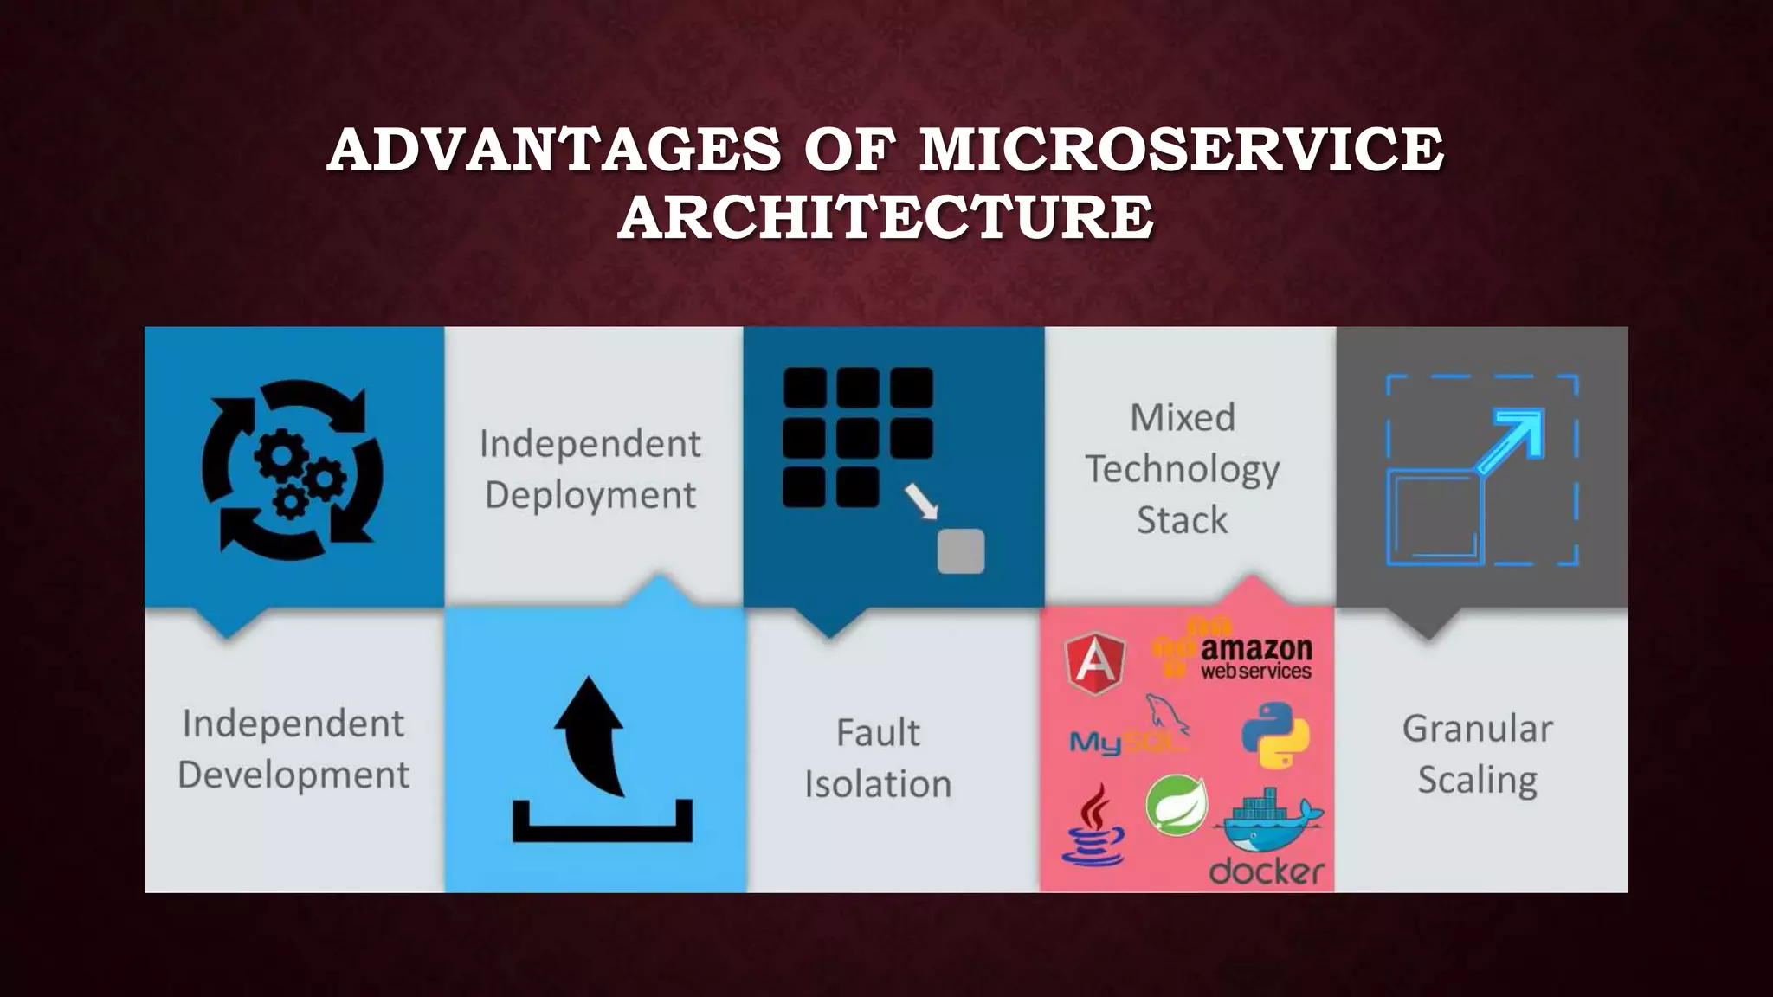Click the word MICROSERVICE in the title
pyautogui.click(x=1181, y=149)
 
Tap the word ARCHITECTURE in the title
pyautogui.click(x=885, y=216)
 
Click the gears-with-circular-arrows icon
pyautogui.click(x=292, y=469)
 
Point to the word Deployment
pyautogui.click(x=590, y=495)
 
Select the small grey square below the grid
pyautogui.click(x=960, y=551)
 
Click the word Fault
pyautogui.click(x=877, y=732)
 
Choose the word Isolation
pyautogui.click(x=877, y=784)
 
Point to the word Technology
pyautogui.click(x=1182, y=469)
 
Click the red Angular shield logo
pyautogui.click(x=1095, y=663)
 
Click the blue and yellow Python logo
pyautogui.click(x=1274, y=735)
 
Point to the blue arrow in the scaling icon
pyautogui.click(x=1512, y=441)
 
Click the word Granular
pyautogui.click(x=1477, y=729)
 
